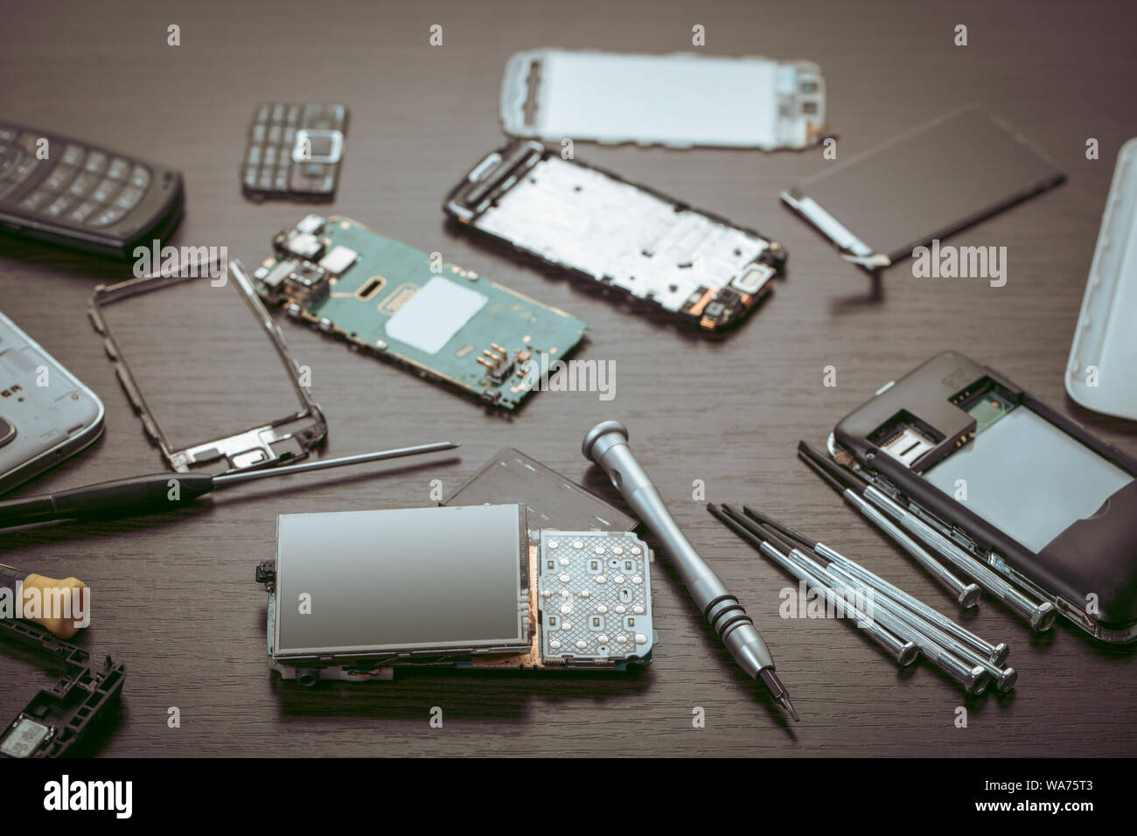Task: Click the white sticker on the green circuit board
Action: click(436, 315)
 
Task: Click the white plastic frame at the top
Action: click(663, 98)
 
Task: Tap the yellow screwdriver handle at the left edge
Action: click(54, 603)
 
